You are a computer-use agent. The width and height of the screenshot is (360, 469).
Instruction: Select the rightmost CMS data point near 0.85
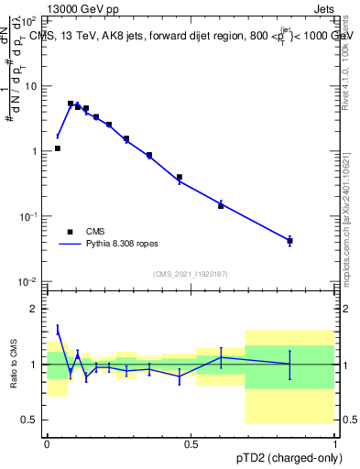289,241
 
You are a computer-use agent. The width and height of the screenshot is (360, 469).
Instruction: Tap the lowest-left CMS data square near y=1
58,147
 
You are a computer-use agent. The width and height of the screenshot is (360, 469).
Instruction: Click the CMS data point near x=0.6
221,205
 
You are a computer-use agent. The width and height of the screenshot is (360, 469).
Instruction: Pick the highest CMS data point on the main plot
71,104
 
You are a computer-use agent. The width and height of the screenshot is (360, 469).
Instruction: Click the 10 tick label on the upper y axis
32,86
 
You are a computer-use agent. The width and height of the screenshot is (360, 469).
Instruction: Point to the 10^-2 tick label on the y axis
29,281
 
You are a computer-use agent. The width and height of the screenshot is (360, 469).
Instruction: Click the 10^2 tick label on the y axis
29,21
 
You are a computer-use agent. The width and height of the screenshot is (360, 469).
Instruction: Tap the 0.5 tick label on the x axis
191,442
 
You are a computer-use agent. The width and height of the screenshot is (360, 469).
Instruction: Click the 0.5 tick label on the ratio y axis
31,420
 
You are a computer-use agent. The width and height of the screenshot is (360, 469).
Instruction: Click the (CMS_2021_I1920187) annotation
190,274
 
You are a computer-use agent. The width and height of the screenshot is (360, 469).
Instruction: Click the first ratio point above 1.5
58,329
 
